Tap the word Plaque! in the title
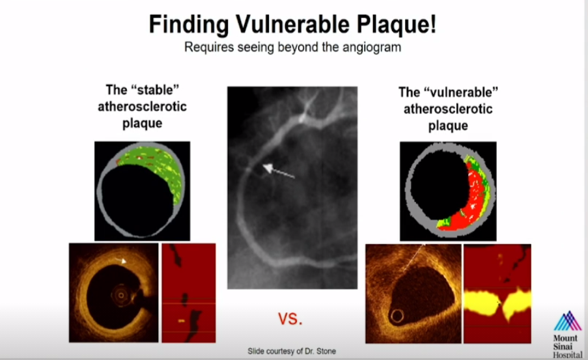pyautogui.click(x=397, y=25)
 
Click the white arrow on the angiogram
pyautogui.click(x=278, y=171)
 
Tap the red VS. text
pyautogui.click(x=290, y=319)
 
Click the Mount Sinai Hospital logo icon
pyautogui.click(x=568, y=321)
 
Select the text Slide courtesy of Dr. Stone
pyautogui.click(x=292, y=352)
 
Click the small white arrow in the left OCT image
pyautogui.click(x=120, y=260)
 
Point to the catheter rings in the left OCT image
pyautogui.click(x=121, y=296)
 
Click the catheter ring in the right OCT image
pyautogui.click(x=397, y=316)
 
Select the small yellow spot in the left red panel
pyautogui.click(x=181, y=321)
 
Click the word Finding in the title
pyautogui.click(x=189, y=25)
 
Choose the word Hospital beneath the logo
pyautogui.click(x=568, y=355)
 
